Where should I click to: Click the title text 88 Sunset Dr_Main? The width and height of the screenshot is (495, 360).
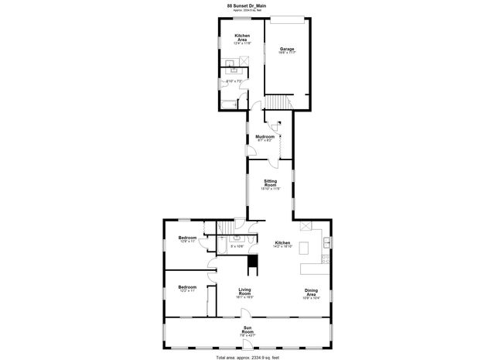click(x=247, y=5)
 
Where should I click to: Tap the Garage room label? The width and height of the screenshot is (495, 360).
click(x=287, y=49)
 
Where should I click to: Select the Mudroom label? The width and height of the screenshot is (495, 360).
click(x=265, y=136)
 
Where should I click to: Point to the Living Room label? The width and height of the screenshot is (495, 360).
click(x=244, y=292)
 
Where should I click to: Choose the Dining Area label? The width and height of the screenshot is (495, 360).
click(x=310, y=292)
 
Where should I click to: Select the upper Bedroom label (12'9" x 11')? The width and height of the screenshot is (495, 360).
click(x=188, y=238)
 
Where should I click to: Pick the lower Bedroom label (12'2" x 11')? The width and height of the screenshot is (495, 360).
click(x=187, y=286)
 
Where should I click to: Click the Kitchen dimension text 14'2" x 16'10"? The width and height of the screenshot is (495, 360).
click(x=283, y=247)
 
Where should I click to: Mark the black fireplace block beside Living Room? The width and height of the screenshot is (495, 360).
click(x=251, y=265)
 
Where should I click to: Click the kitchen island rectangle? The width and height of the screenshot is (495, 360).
click(x=305, y=249)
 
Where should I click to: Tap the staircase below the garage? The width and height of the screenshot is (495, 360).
click(x=278, y=105)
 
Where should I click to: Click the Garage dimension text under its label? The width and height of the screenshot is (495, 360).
click(x=287, y=53)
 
